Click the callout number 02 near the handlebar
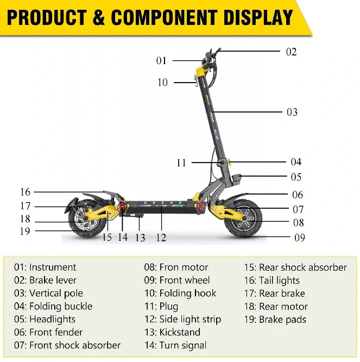pyautogui.click(x=291, y=52)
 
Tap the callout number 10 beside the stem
pyautogui.click(x=162, y=83)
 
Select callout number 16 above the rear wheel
pyautogui.click(x=25, y=192)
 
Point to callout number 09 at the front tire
pyautogui.click(x=300, y=238)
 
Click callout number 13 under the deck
pyautogui.click(x=140, y=238)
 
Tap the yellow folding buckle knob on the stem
pyautogui.click(x=229, y=161)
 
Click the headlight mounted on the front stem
pyautogui.click(x=237, y=178)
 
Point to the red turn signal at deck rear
pyautogui.click(x=122, y=205)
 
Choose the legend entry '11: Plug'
pyautogui.click(x=161, y=307)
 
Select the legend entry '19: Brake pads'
pyautogui.click(x=275, y=320)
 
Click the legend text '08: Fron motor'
pyautogui.click(x=176, y=267)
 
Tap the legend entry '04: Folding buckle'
pyautogui.click(x=53, y=307)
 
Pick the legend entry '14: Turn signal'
pyautogui.click(x=175, y=345)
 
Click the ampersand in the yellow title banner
pyautogui.click(x=99, y=17)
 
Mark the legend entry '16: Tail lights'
pyautogui.click(x=272, y=280)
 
